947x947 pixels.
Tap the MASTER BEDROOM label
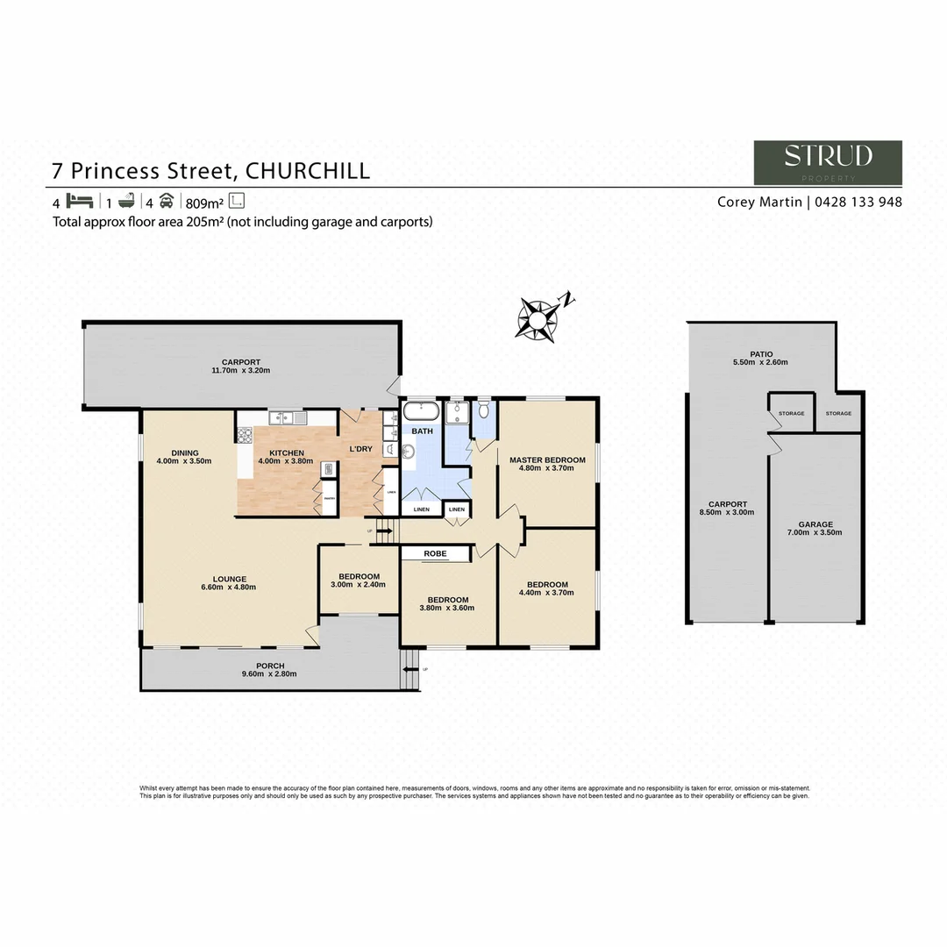[547, 459]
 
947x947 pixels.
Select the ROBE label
[436, 553]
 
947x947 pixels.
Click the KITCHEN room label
[286, 453]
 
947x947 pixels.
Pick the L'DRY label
[360, 449]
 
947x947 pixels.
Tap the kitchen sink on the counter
[286, 417]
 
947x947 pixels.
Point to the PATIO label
[760, 353]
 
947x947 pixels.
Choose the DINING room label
[184, 452]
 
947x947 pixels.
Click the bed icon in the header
[79, 200]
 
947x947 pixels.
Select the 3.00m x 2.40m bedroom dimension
[359, 585]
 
